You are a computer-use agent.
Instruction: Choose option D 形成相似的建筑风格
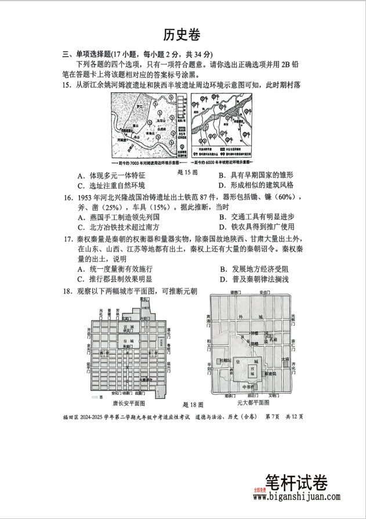256,185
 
